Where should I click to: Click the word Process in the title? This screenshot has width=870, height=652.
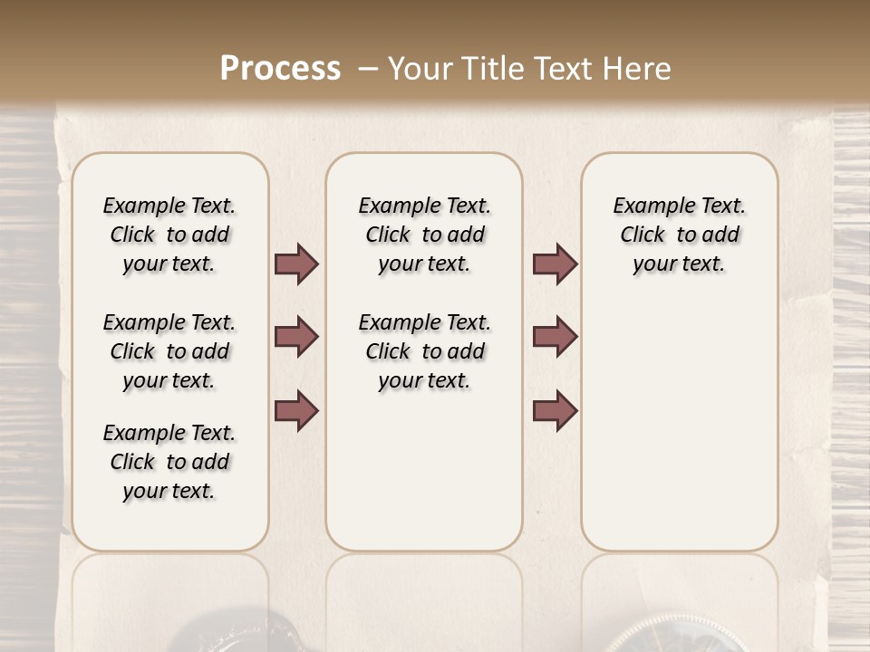pos(280,69)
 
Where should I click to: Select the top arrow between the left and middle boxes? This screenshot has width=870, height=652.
pos(296,264)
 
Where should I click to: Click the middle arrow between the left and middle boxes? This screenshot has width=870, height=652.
pos(296,337)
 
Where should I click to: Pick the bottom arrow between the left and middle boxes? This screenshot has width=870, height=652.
pos(296,410)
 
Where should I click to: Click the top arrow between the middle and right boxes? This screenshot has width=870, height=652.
pos(555,264)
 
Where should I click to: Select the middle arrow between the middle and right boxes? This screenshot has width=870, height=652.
pos(555,337)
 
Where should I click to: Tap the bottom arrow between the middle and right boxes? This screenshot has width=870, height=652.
pos(555,410)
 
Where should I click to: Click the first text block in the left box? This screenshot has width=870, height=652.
pos(169,235)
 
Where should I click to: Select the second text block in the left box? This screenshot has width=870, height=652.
pos(169,351)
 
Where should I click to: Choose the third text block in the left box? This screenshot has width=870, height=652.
pos(169,462)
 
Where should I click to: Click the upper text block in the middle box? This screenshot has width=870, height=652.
pos(424,235)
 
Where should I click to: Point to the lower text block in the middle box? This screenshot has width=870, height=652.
pos(424,351)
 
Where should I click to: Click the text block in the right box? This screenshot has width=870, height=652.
pos(679,235)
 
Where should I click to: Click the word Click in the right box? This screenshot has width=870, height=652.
pos(643,235)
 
